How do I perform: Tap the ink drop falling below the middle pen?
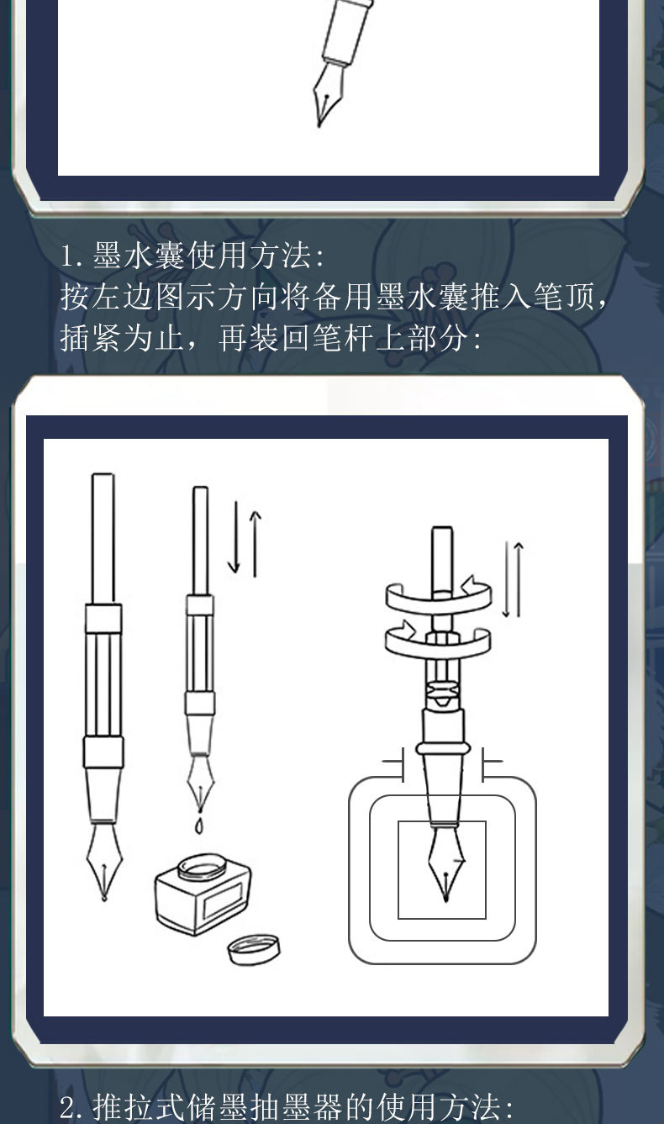click(198, 826)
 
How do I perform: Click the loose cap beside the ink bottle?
click(252, 949)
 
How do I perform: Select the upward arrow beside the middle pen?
click(256, 542)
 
